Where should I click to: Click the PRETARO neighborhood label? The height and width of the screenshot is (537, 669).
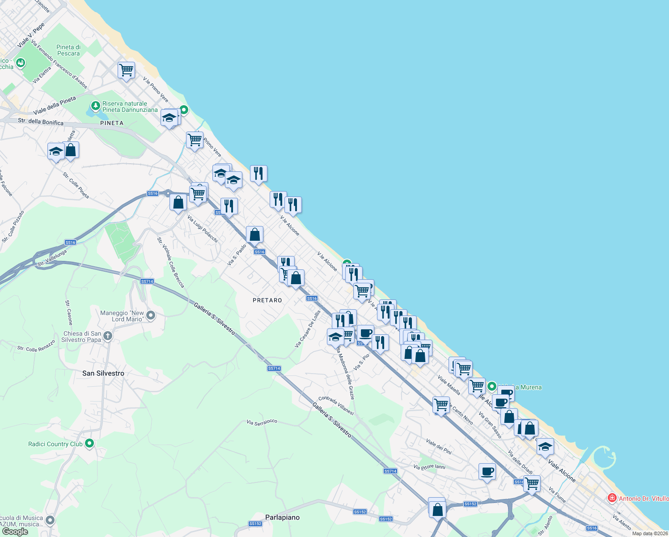[267, 300]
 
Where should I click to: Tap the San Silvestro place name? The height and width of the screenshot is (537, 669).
[103, 373]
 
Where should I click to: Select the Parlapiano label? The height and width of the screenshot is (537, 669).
[282, 517]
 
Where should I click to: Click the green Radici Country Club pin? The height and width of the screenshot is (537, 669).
[89, 443]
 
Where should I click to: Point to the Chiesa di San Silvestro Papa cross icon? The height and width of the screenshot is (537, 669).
[107, 336]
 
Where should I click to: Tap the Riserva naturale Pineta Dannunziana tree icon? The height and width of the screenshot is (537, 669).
[95, 106]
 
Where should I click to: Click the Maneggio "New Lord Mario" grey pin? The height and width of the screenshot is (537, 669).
[151, 315]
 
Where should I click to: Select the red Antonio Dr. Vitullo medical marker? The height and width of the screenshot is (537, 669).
[612, 498]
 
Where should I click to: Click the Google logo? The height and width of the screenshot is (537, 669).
[15, 532]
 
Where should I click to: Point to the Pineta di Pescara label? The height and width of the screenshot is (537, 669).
[68, 50]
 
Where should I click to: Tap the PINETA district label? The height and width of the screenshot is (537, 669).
[112, 123]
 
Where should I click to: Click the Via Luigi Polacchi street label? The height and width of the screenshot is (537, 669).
[203, 229]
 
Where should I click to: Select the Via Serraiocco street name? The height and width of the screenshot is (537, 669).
[262, 422]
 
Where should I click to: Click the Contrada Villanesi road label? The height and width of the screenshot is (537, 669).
[336, 405]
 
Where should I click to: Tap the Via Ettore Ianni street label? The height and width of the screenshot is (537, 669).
[429, 467]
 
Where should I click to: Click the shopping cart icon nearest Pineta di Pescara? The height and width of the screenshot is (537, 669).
[127, 70]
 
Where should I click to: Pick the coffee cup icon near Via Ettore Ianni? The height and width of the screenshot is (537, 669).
[487, 471]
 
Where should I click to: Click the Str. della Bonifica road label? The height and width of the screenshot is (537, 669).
[41, 122]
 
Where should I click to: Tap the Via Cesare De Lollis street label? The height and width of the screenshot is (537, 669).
[308, 329]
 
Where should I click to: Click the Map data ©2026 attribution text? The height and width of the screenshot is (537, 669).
[650, 533]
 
